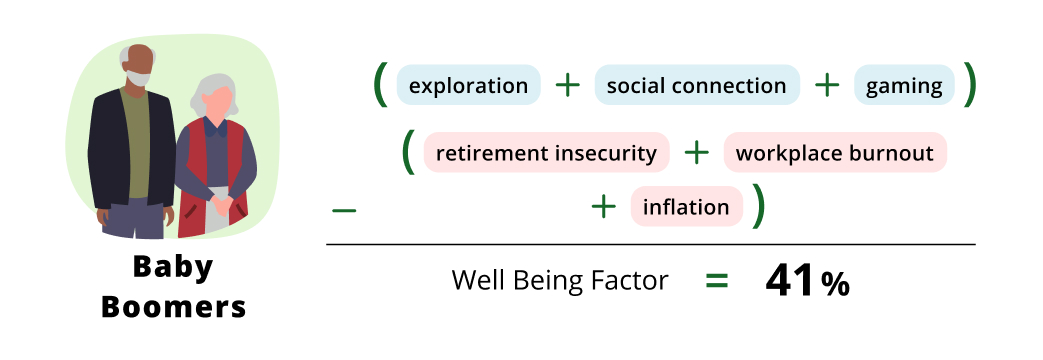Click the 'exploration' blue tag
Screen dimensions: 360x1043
click(x=468, y=86)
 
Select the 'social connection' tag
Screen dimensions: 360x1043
click(x=696, y=86)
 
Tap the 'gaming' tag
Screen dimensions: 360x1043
click(x=904, y=86)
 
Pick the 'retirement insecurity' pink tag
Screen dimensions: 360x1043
click(x=546, y=154)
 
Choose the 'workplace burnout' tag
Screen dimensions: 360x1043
click(x=834, y=154)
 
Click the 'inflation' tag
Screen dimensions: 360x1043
click(x=686, y=208)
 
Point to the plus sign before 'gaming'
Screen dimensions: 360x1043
click(x=827, y=86)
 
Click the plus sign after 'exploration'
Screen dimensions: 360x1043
click(x=567, y=86)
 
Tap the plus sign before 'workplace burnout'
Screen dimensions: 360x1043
click(x=696, y=153)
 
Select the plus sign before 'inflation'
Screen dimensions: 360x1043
click(x=603, y=207)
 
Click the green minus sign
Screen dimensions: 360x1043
click(x=343, y=210)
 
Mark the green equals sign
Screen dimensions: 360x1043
click(x=716, y=281)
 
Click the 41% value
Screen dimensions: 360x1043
click(x=807, y=282)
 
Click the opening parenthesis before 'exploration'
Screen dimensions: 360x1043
click(x=380, y=85)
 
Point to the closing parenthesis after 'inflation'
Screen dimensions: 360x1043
click(x=759, y=206)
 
